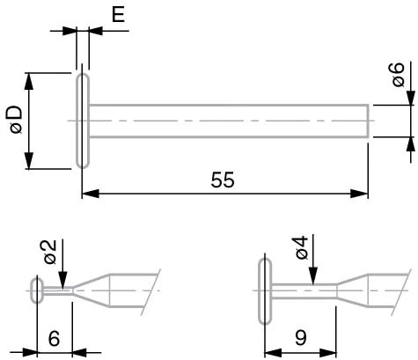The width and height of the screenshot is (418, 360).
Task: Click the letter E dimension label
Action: pyautogui.click(x=119, y=14)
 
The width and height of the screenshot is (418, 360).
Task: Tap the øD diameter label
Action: pyautogui.click(x=14, y=120)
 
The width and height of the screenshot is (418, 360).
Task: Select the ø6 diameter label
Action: pyautogui.click(x=398, y=75)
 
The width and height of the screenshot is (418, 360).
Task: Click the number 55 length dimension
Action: pyautogui.click(x=223, y=180)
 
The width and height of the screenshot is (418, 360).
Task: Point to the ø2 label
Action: pyautogui.click(x=50, y=252)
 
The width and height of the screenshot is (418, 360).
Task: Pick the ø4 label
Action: pyautogui.click(x=302, y=247)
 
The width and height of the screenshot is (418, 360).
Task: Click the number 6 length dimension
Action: pyautogui.click(x=54, y=338)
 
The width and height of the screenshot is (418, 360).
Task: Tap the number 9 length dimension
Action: pyautogui.click(x=301, y=338)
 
